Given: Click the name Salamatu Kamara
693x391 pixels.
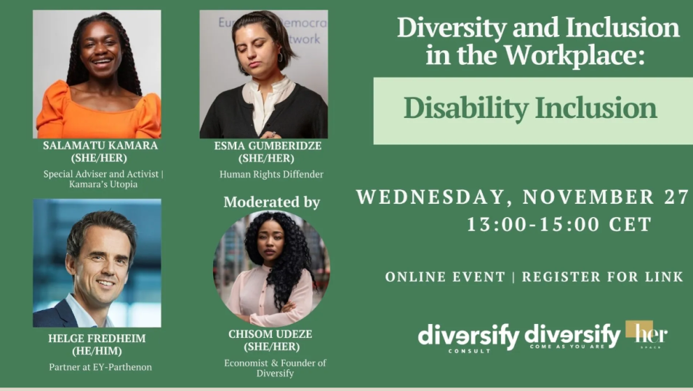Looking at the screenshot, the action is click(x=101, y=145).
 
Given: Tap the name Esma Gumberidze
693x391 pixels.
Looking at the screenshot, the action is click(x=268, y=146).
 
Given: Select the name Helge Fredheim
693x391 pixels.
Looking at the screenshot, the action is click(x=97, y=339).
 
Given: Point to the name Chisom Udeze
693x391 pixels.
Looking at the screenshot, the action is click(x=270, y=334).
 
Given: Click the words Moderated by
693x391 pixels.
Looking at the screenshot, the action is click(x=272, y=202).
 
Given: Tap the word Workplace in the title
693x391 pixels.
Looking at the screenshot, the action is click(x=574, y=55).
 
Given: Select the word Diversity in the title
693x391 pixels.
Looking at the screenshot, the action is click(x=452, y=28).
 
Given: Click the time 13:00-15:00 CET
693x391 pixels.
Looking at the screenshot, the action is click(x=559, y=224).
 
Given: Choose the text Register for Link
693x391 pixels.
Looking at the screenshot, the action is click(x=602, y=277).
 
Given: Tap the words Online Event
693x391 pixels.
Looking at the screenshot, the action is click(x=445, y=277).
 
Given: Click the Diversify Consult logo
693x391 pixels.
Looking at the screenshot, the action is click(x=469, y=338).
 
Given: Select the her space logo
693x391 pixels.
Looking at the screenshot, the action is click(x=647, y=334).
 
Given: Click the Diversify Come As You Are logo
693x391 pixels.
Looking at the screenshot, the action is click(x=572, y=337).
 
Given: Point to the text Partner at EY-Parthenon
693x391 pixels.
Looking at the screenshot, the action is click(x=101, y=367).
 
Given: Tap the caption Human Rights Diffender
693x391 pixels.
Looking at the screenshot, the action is click(x=271, y=175).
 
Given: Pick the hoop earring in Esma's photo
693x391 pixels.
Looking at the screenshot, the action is click(x=280, y=57).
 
